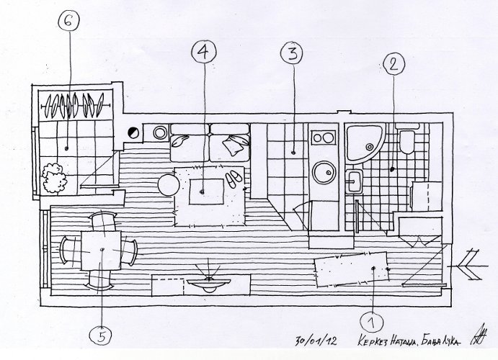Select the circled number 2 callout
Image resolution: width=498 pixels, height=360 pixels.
(393, 63)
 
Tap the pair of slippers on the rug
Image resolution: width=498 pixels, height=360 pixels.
(234, 180)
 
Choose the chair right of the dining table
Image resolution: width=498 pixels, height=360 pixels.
(131, 250)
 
